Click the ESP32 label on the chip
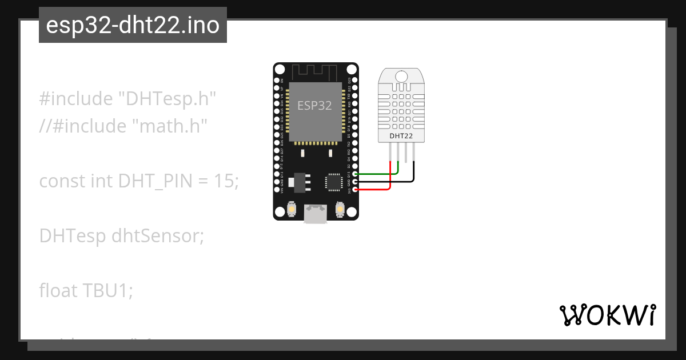point(314,106)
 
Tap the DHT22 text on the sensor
point(401,136)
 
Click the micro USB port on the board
point(316,214)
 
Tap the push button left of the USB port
point(292,210)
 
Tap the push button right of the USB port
point(340,210)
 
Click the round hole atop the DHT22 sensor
point(401,76)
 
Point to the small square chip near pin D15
point(333,182)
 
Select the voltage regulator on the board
point(297,182)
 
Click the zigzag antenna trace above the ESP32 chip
point(316,71)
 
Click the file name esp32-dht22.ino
point(133,25)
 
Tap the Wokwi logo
point(607,315)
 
